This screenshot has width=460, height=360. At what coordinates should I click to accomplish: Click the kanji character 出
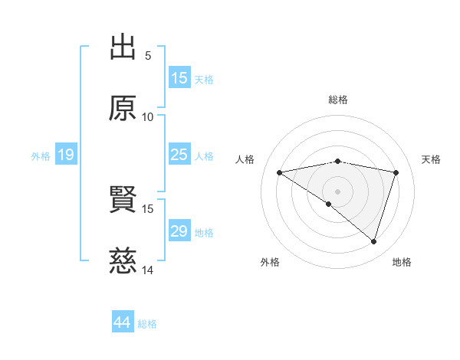pos(123,47)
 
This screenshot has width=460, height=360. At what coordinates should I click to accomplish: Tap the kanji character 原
pos(123,108)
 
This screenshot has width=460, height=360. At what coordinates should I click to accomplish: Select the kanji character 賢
pos(123,200)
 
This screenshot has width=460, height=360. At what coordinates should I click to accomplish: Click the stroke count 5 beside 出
pos(148,55)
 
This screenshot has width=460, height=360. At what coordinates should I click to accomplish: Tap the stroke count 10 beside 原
pos(148,116)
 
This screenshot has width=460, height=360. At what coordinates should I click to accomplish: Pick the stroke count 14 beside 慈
pos(148,270)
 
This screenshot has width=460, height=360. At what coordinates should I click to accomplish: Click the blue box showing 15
pos(179,78)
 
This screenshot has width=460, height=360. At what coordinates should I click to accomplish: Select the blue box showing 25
pos(179,155)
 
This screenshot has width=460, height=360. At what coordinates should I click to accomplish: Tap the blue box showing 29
pos(179,231)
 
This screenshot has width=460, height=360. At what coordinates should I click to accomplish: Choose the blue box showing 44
pos(123,322)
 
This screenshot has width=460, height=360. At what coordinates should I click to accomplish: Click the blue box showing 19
pos(66,155)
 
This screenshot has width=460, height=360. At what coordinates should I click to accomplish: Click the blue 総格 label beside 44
pos(147,324)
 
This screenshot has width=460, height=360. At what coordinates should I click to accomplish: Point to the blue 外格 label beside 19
pos(41,155)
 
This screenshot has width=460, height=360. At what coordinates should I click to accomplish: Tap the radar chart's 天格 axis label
pos(431,159)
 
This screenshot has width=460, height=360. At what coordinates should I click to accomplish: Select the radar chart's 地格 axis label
pos(402,262)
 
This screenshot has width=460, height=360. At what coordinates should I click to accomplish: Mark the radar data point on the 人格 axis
pos(279,172)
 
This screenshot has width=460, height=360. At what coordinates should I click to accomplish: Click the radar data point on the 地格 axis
pos(373,241)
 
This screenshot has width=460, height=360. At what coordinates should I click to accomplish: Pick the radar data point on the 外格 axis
pos(329,204)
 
